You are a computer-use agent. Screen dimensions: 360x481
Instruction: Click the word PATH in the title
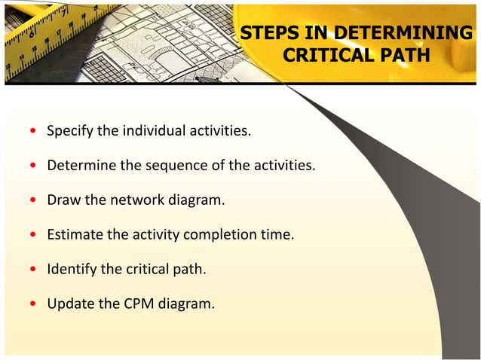pyautogui.click(x=403, y=56)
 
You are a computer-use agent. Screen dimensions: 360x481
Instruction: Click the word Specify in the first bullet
pyautogui.click(x=71, y=132)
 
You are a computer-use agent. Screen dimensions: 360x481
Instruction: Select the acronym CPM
pyautogui.click(x=133, y=304)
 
